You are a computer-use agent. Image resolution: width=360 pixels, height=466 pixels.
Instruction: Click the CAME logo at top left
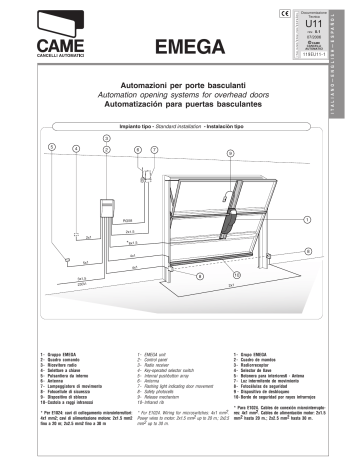(x=46, y=37)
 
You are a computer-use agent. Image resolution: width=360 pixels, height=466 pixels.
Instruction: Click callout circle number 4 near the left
(x=76, y=148)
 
